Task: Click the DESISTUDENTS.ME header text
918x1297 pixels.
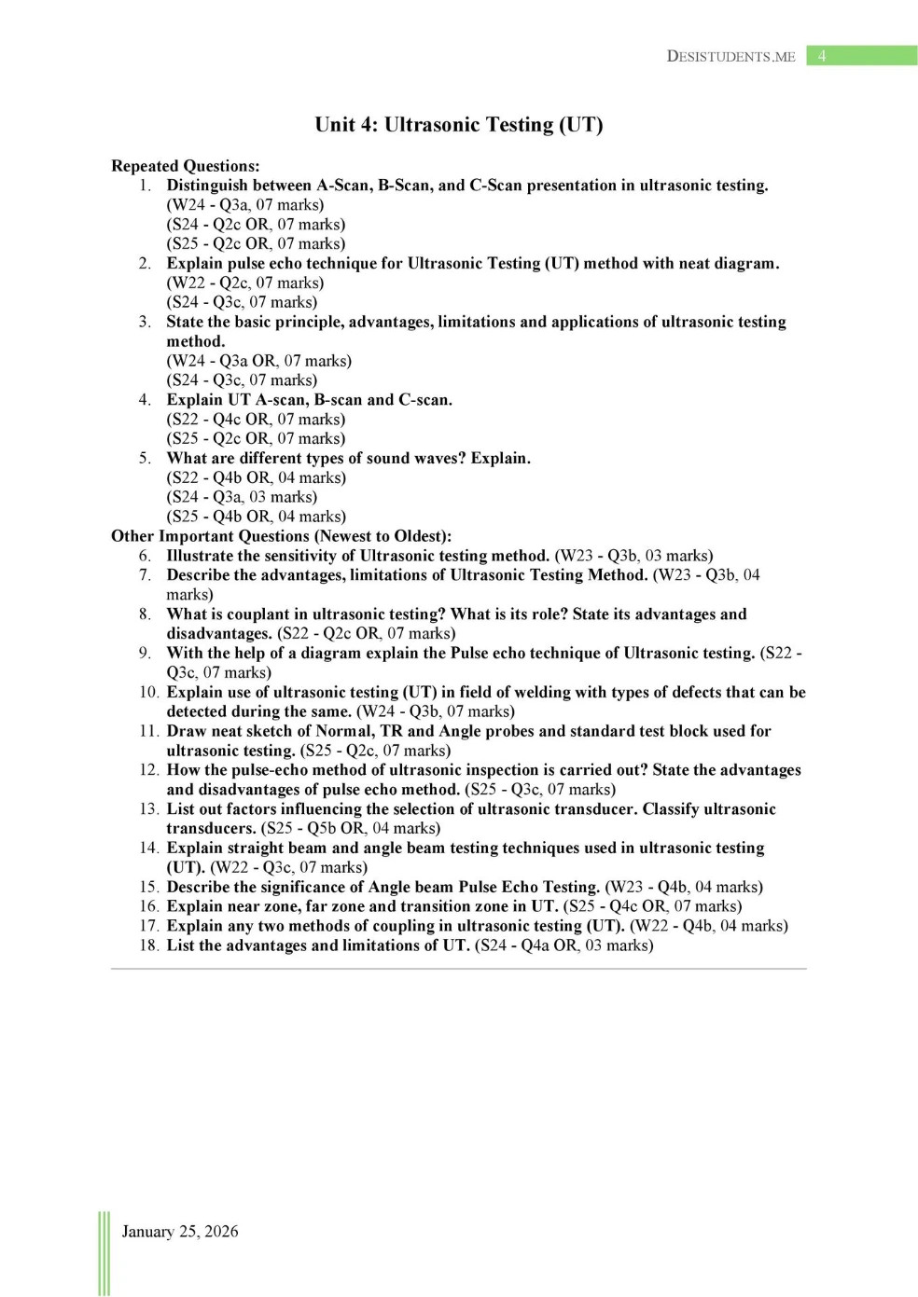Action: (x=730, y=56)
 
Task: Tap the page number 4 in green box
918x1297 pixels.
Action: (x=822, y=56)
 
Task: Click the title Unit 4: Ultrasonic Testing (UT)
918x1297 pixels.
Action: (x=458, y=125)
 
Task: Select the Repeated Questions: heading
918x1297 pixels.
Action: (x=185, y=166)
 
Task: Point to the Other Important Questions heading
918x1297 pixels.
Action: (x=281, y=536)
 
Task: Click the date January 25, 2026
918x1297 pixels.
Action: (x=179, y=1232)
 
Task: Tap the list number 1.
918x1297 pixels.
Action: (x=146, y=186)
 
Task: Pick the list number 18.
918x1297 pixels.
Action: (x=148, y=945)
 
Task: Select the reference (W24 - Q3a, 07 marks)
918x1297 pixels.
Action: (x=245, y=205)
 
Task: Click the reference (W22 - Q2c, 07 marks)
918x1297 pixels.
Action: (x=245, y=283)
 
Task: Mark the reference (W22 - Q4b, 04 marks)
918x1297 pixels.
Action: (x=709, y=926)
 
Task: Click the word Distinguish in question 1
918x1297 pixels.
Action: (x=207, y=186)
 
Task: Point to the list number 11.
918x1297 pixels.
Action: (x=148, y=731)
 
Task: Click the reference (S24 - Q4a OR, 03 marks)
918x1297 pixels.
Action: (x=563, y=945)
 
